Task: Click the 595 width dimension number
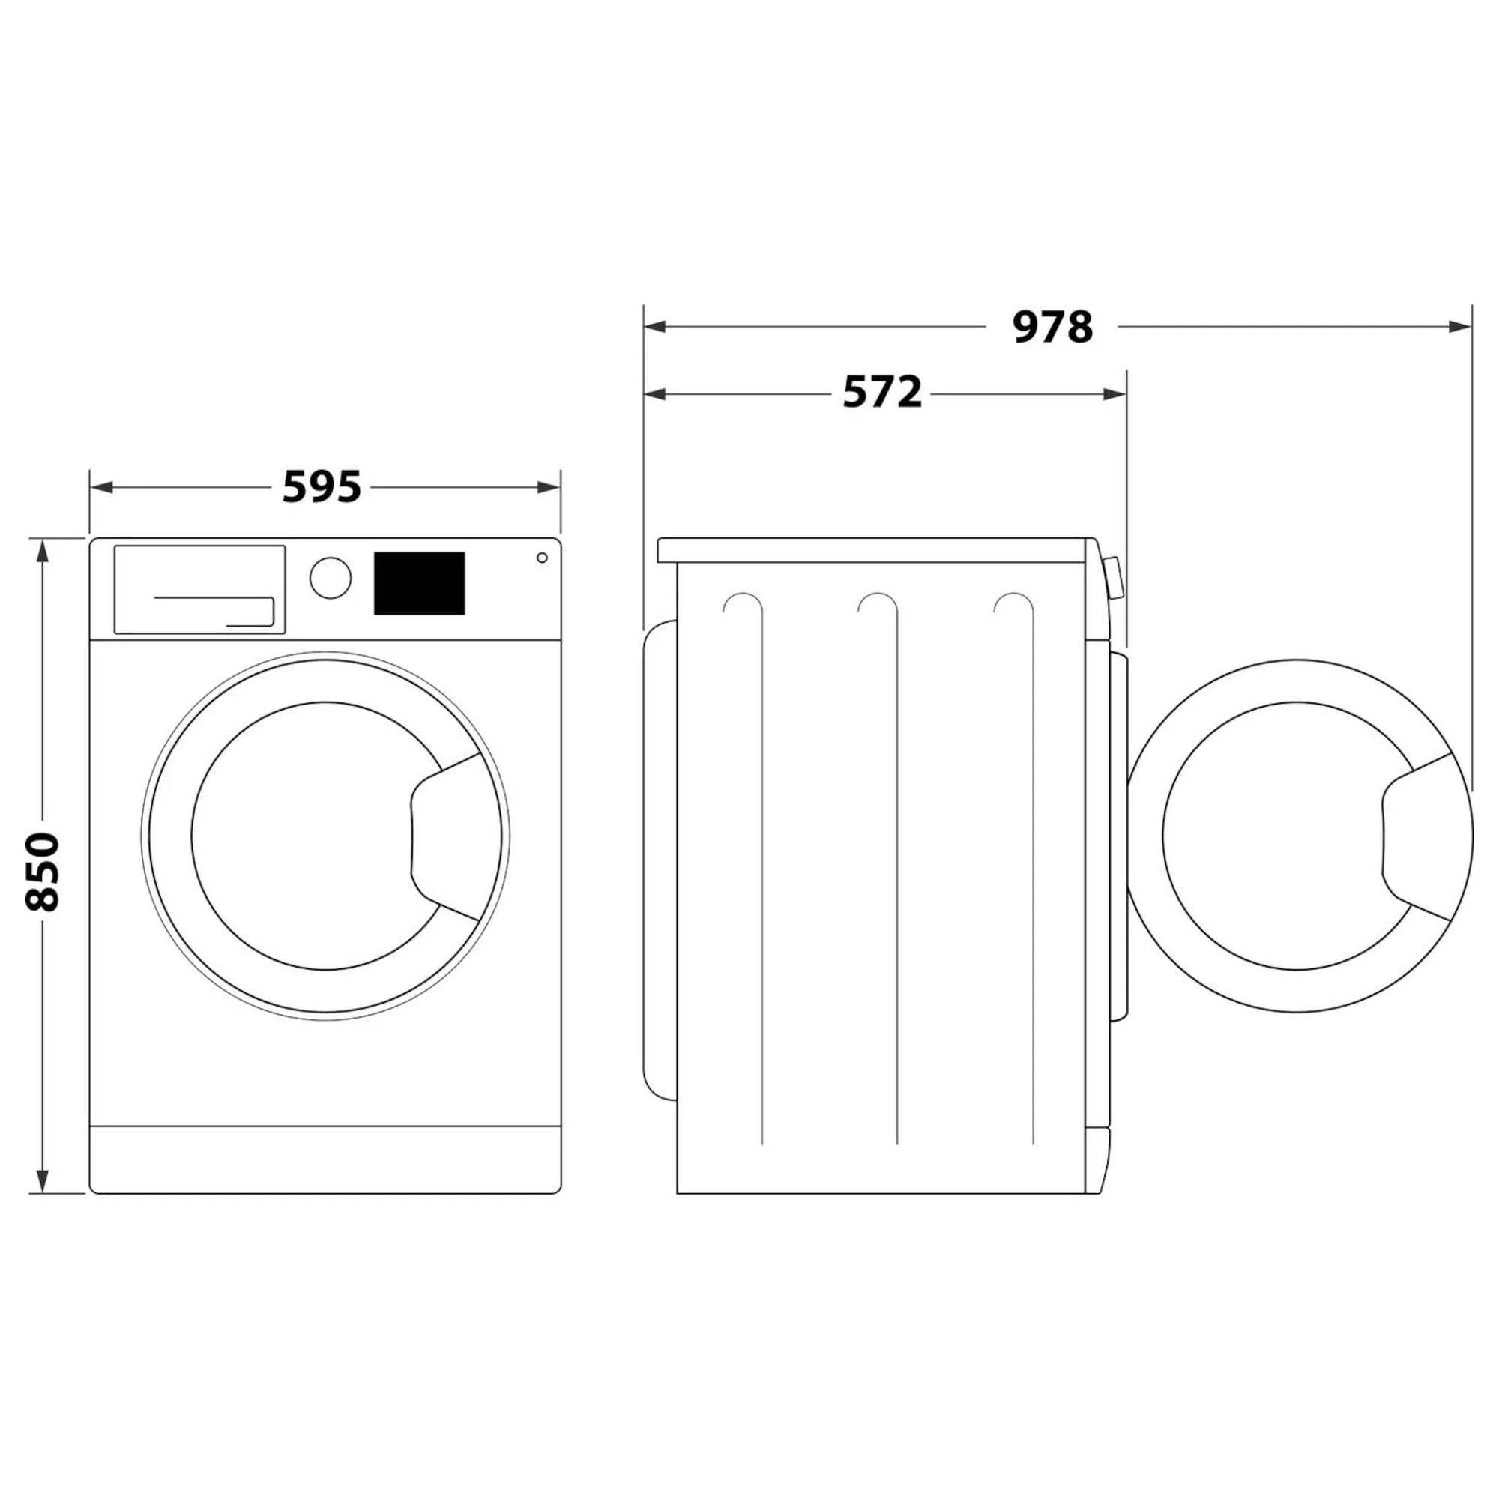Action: [322, 487]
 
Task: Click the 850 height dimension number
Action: [43, 872]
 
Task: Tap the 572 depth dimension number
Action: [882, 393]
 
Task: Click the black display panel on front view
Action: [419, 583]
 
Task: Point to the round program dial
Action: [331, 577]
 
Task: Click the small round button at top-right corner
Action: [542, 558]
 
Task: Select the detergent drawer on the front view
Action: [199, 589]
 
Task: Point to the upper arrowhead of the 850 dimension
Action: [43, 551]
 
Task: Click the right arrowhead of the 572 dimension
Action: [1115, 394]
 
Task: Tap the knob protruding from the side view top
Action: [1112, 576]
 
